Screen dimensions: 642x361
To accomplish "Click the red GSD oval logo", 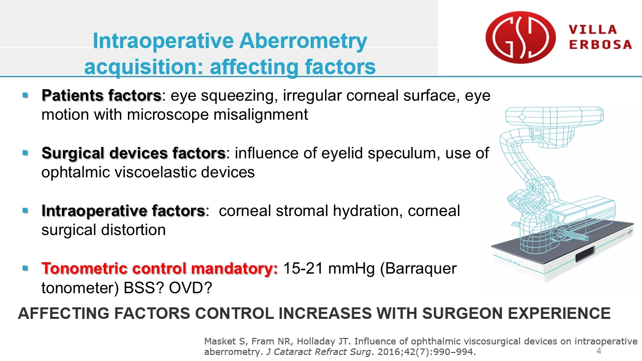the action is pyautogui.click(x=521, y=37).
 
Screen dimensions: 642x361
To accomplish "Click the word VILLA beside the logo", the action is pyautogui.click(x=593, y=30).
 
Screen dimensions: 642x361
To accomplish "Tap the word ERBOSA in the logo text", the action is pyautogui.click(x=600, y=45).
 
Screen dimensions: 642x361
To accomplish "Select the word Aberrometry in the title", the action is pyautogui.click(x=303, y=41).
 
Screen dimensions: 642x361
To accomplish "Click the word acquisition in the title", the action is pyautogui.click(x=144, y=67).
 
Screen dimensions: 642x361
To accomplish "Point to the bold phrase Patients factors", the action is pyautogui.click(x=101, y=95).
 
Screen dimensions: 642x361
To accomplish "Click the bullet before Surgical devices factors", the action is pyautogui.click(x=25, y=153).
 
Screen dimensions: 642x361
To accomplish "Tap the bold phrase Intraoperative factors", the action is pyautogui.click(x=123, y=211).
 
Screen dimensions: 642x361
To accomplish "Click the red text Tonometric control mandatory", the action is pyautogui.click(x=159, y=269).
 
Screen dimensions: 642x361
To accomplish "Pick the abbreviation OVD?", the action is pyautogui.click(x=190, y=288).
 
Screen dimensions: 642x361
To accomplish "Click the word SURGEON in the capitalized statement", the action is pyautogui.click(x=462, y=313).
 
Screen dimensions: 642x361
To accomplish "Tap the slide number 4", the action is pyautogui.click(x=599, y=350).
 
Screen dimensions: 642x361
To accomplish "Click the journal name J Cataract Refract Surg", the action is pyautogui.click(x=318, y=352).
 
